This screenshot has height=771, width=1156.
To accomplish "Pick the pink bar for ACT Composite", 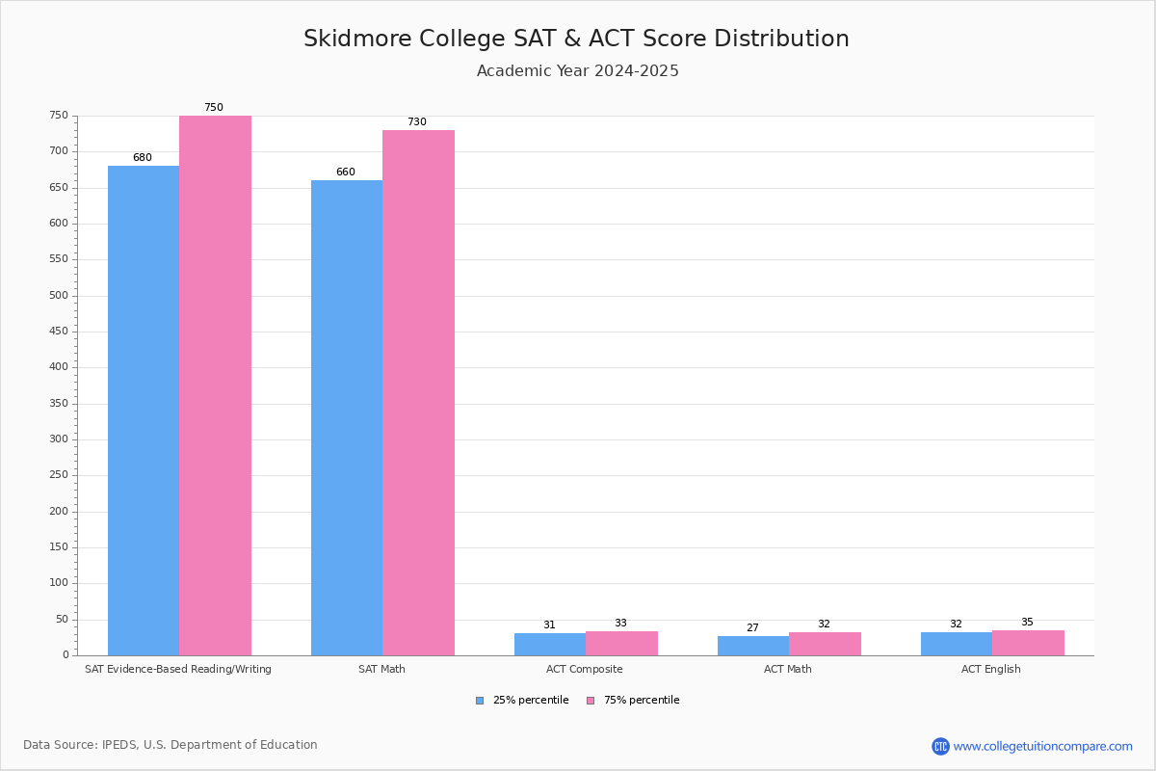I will [621, 643].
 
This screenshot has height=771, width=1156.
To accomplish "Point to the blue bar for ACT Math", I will [753, 646].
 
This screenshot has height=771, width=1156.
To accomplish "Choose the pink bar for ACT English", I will [1028, 643].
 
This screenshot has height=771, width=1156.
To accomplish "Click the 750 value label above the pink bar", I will [213, 108].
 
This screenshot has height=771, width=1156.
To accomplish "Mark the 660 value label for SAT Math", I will [345, 173].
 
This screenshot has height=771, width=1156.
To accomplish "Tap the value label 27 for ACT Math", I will [752, 628].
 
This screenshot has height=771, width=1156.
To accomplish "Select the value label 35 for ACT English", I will [1027, 623].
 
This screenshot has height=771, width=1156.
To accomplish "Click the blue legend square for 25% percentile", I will [480, 701].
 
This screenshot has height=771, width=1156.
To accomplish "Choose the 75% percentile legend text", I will [642, 701].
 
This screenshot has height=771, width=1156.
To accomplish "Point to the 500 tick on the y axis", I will [60, 296].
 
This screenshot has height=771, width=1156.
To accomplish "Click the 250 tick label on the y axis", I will [60, 475].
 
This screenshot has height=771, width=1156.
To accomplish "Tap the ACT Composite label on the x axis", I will [585, 669].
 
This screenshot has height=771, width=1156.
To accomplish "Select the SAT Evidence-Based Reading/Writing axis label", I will [178, 669].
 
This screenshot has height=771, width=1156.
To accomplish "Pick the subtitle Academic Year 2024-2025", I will [578, 71].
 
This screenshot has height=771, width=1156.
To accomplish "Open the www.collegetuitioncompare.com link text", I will [1042, 746].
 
